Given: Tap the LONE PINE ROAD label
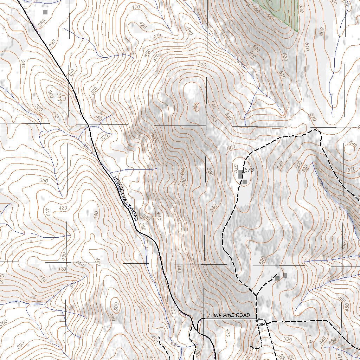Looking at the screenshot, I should click(229, 315).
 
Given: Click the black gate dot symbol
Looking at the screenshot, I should click(257, 321).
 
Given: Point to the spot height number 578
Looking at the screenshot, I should click(249, 170).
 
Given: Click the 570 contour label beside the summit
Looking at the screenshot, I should click(236, 169).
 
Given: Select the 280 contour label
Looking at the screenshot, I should click(42, 24).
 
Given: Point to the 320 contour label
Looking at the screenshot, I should click(72, 73).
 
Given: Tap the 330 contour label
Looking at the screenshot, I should click(39, 108).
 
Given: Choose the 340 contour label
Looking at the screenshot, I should click(56, 114).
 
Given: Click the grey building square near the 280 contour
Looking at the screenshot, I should click(45, 12).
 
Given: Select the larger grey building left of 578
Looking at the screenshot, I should click(240, 174).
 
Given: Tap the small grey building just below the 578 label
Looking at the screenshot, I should click(245, 182).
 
